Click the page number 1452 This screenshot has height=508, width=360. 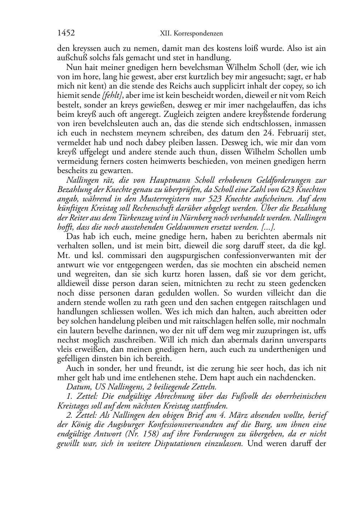coord(66,33)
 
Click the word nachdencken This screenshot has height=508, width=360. coord(288,377)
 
